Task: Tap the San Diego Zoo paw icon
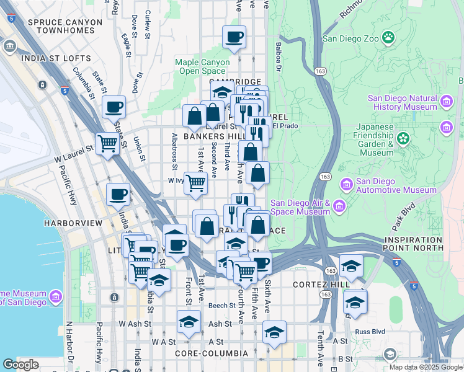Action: click(x=388, y=37)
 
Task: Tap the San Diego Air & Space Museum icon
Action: click(x=339, y=206)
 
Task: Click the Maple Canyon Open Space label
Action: click(x=203, y=66)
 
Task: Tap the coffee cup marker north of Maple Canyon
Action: click(x=234, y=38)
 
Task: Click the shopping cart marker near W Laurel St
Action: click(x=108, y=144)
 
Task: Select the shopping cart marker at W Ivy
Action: click(x=195, y=183)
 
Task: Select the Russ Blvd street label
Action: click(x=369, y=331)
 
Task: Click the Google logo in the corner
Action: click(x=21, y=365)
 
